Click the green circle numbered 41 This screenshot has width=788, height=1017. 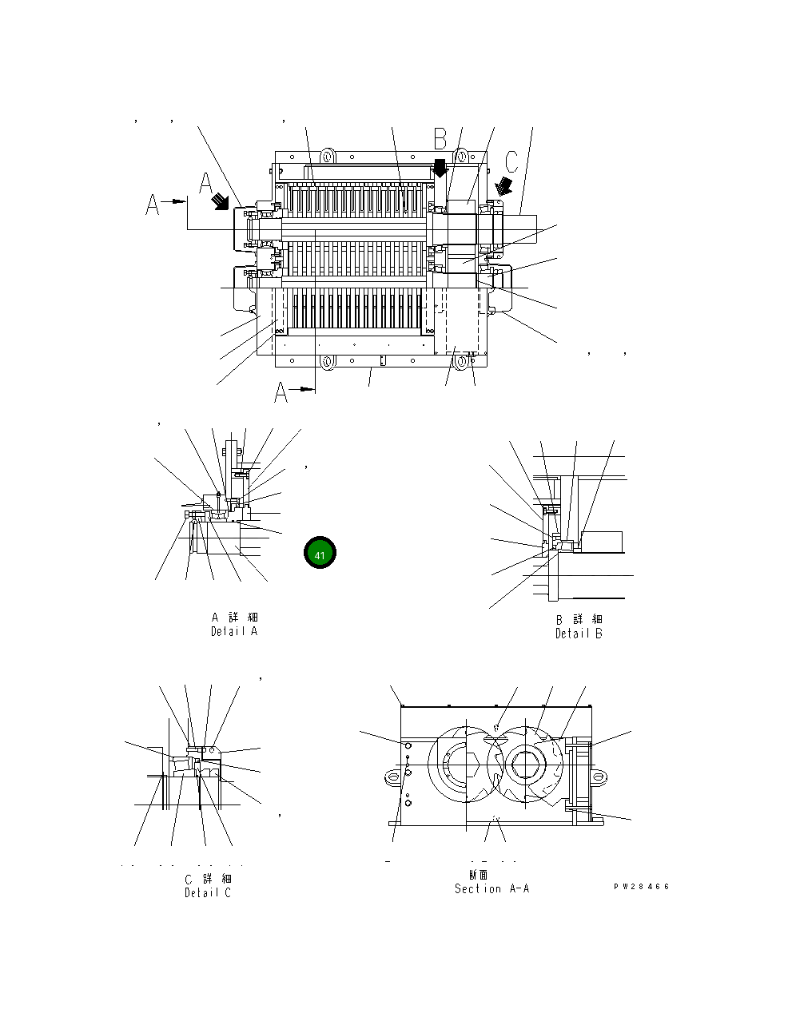pos(320,554)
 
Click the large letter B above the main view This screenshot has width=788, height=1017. pos(440,138)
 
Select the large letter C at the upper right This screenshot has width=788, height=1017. pos(511,161)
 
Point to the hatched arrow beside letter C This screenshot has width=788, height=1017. pos(504,186)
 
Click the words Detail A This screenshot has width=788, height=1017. pos(234,631)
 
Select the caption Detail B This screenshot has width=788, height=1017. pos(579,634)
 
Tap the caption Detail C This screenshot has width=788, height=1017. pos(207,892)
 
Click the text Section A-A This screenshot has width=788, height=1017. pos(492,888)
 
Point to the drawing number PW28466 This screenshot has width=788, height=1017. pos(642,887)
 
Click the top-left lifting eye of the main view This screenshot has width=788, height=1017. pos(327,153)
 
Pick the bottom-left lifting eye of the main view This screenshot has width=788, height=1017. pos(327,363)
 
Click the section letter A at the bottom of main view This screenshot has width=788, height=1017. pos(281,392)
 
